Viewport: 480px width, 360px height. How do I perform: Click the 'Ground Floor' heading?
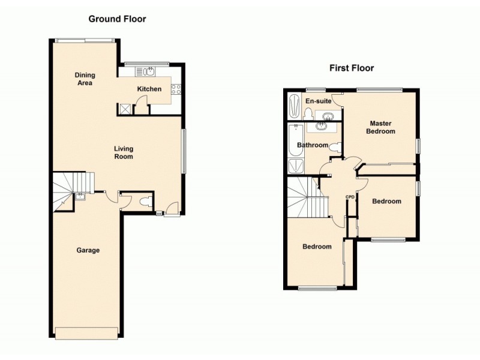117,19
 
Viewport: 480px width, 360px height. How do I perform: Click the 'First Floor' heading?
351,68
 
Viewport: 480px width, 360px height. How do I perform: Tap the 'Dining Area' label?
85,79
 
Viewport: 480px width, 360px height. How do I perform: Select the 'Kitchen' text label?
149,89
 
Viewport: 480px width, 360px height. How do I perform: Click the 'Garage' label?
88,250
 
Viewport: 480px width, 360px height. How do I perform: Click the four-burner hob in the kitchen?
176,89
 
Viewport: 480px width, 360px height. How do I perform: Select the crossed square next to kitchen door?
125,109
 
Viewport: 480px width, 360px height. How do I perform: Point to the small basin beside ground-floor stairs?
80,196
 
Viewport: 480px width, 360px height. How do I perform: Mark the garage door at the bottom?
88,332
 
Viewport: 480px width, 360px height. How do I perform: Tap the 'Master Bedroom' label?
381,127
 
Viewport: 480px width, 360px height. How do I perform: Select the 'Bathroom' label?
313,145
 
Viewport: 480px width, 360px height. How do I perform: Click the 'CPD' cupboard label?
349,197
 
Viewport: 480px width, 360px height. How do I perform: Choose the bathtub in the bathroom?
294,139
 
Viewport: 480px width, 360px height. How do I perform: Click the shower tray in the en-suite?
293,106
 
